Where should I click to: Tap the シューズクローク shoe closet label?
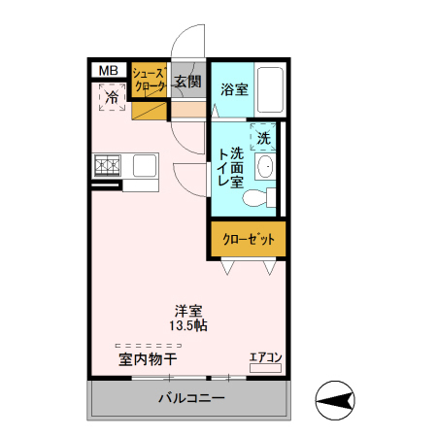coord(148,80)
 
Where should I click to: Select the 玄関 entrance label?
coord(187,82)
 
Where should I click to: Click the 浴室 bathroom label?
coord(233,90)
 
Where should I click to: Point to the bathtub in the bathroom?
coord(270,91)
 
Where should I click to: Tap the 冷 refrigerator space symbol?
coord(112,97)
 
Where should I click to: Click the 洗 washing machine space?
coord(264,138)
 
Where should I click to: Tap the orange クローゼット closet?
coord(249,240)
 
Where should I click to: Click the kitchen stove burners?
coord(106,166)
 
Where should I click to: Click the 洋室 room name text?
coord(187,312)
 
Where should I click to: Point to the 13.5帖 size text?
coord(187,326)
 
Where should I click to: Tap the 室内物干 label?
coord(148,359)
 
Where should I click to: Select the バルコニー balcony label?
coord(191,399)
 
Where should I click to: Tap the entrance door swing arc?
coord(187,49)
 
